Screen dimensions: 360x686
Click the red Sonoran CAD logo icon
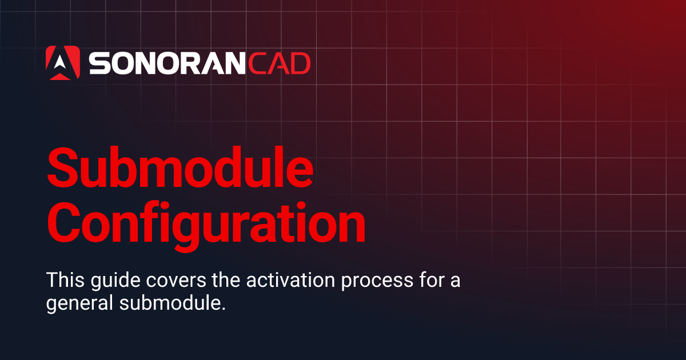pyautogui.click(x=62, y=63)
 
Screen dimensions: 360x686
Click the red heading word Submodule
pyautogui.click(x=180, y=167)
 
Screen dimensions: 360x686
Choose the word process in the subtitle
pyautogui.click(x=355, y=282)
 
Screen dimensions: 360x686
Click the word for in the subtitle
pyautogui.click(x=410, y=281)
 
